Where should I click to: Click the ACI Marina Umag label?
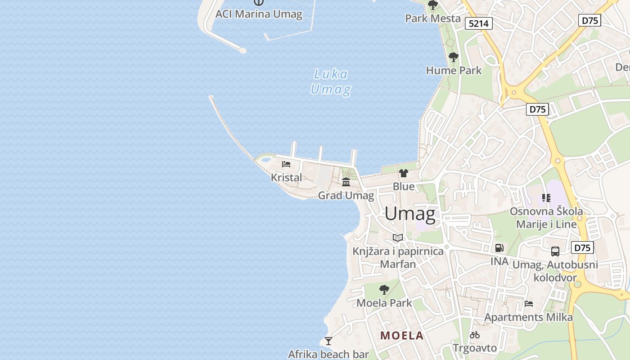pos(259,14)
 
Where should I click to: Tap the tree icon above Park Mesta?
pos(433,5)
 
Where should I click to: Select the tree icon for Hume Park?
pos(454,57)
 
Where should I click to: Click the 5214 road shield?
pos(479,23)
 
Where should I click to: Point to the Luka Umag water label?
pos(331,81)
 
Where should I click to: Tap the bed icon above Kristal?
pos(286,164)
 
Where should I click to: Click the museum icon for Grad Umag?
pos(346,182)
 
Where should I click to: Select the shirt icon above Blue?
pos(403,173)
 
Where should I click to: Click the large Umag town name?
pos(410,214)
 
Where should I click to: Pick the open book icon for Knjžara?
pos(398,238)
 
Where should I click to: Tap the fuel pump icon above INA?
pos(499,247)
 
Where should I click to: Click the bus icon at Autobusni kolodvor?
pos(555,252)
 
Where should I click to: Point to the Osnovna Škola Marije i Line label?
pos(546,217)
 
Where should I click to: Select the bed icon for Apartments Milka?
pos(529,304)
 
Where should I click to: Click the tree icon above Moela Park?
pos(384,289)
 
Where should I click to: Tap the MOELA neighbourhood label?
pos(402,335)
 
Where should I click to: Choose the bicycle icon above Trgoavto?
pos(474,335)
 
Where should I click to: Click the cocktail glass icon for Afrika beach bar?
pos(328,341)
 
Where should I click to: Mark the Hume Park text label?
pos(454,70)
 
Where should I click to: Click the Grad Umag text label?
pos(346,195)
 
